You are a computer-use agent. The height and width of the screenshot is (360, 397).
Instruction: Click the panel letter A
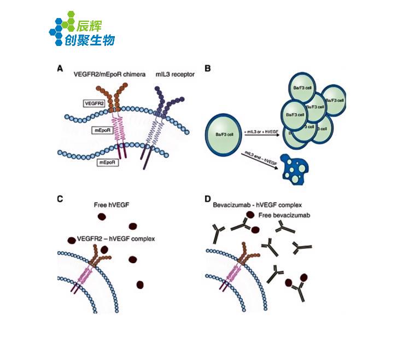(x=60, y=69)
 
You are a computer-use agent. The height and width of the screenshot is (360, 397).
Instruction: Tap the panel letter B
(x=207, y=69)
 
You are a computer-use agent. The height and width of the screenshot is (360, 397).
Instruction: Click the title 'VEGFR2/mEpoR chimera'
(x=110, y=74)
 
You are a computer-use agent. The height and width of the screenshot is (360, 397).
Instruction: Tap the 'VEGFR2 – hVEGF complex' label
(x=116, y=239)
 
